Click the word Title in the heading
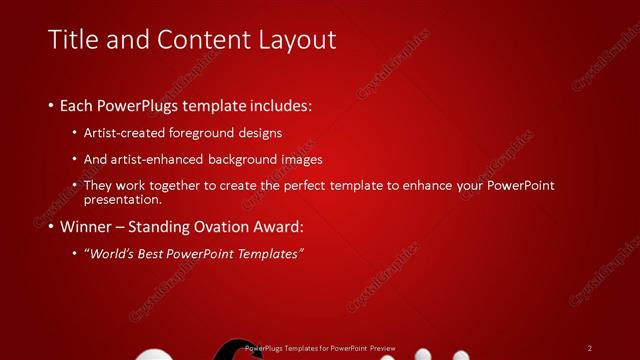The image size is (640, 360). [x=72, y=40]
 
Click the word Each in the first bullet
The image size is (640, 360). [x=77, y=105]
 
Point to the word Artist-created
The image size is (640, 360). [x=127, y=132]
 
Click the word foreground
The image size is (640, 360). [x=208, y=132]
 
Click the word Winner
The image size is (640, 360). [x=85, y=226]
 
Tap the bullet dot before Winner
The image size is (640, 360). [x=51, y=227]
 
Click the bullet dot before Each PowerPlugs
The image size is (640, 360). [x=51, y=105]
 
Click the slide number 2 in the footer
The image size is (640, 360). [x=590, y=348]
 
